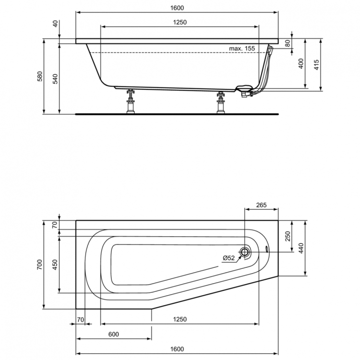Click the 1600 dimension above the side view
177,8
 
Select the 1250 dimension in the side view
179,22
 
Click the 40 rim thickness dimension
55,23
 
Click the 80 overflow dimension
288,43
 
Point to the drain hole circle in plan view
245,252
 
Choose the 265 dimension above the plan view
262,205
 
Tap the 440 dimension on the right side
301,248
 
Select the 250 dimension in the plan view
288,236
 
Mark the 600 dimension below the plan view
113,334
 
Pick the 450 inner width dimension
55,265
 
